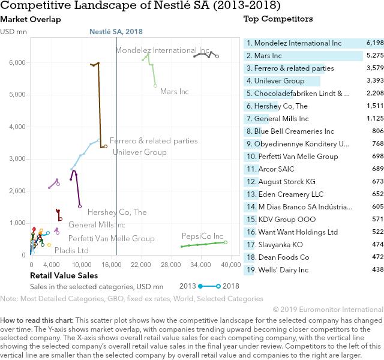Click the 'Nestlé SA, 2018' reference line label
[116, 31]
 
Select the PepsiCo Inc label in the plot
[202, 236]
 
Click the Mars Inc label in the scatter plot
[175, 92]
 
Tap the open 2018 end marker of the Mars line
[155, 86]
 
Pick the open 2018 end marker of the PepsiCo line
[226, 242]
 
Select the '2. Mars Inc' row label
[268, 56]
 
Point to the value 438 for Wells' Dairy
[377, 270]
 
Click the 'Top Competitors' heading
[278, 19]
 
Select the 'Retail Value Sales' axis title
[64, 275]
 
